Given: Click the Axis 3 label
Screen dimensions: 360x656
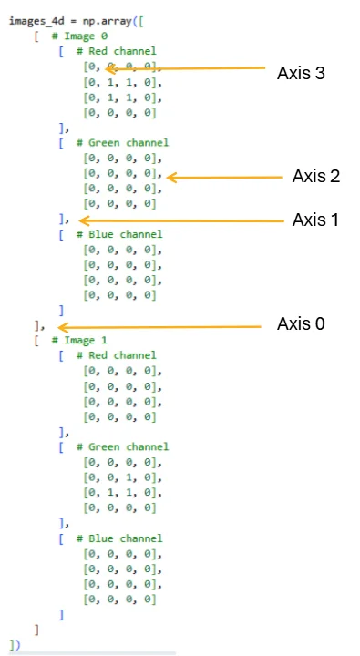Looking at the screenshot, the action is (301, 73).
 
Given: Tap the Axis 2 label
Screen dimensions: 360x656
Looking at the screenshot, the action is (316, 177).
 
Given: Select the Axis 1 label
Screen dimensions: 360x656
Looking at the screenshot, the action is (315, 220).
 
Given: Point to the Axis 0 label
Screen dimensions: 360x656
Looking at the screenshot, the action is (301, 323).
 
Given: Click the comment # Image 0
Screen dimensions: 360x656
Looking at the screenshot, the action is (79, 36).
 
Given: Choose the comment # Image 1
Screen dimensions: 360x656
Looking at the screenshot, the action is (79, 341).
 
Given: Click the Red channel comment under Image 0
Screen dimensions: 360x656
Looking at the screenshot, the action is (116, 51).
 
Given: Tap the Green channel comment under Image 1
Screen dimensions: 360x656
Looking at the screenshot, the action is (122, 446).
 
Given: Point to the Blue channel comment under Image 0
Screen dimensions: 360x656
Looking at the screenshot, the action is (119, 234).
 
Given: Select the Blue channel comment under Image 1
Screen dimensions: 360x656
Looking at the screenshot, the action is (119, 538).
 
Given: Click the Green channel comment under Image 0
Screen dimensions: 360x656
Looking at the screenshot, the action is (122, 143).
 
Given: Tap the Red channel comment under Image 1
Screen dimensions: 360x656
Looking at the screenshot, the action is (116, 355).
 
